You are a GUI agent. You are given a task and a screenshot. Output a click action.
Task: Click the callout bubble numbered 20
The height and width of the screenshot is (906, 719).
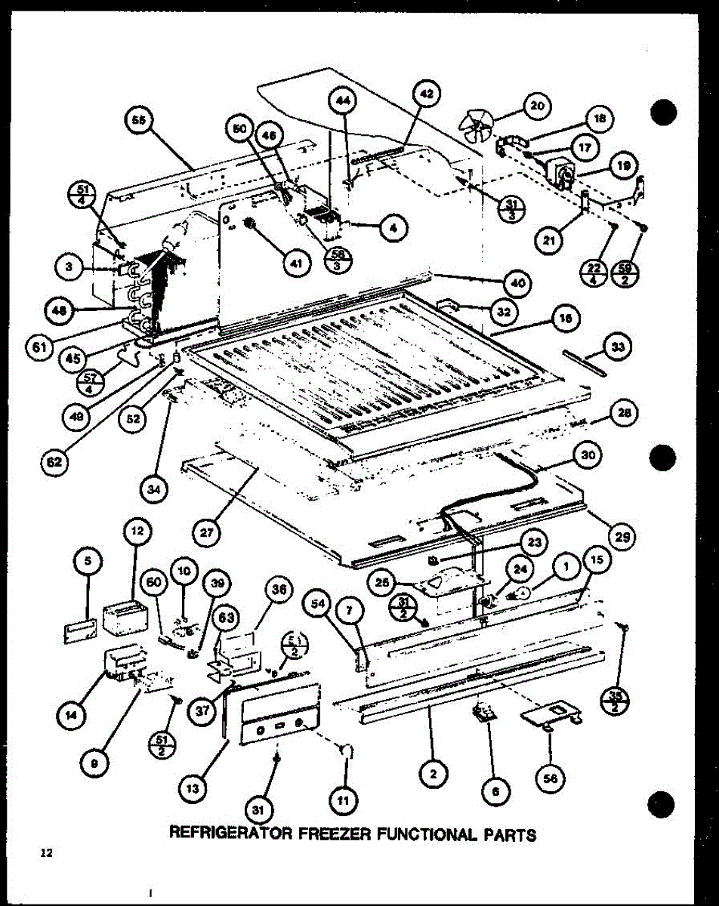(536, 107)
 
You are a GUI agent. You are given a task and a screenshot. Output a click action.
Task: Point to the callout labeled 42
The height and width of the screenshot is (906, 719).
(427, 94)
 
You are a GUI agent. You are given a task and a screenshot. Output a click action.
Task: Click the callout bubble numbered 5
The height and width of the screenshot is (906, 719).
(88, 559)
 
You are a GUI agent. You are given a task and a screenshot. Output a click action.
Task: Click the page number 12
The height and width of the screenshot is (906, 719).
(47, 854)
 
